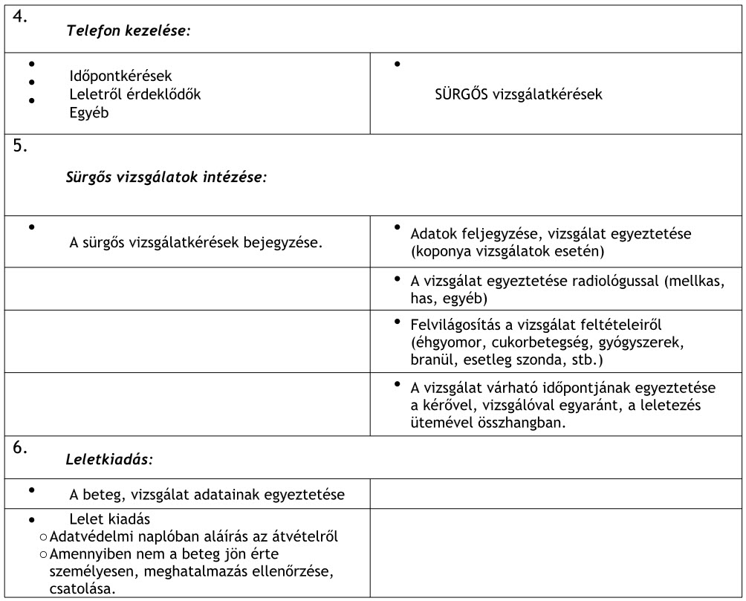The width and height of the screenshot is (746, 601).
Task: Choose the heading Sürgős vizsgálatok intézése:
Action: (x=166, y=178)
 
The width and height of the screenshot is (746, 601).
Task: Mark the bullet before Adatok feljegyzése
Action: (x=398, y=227)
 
